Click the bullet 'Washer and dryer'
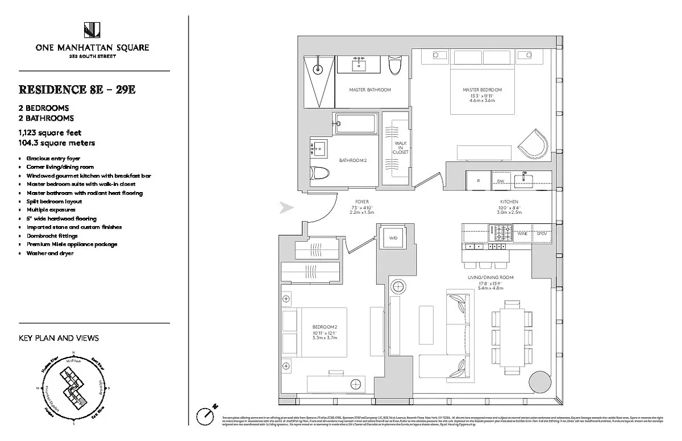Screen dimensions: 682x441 click(x=49, y=253)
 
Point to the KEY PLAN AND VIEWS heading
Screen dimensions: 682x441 click(x=59, y=338)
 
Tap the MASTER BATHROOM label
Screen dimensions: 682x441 click(x=370, y=90)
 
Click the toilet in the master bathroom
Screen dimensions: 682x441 click(x=394, y=67)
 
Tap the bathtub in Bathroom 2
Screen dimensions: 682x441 click(x=356, y=123)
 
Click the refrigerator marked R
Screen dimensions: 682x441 click(x=479, y=181)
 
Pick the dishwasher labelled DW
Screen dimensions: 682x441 click(x=501, y=181)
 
